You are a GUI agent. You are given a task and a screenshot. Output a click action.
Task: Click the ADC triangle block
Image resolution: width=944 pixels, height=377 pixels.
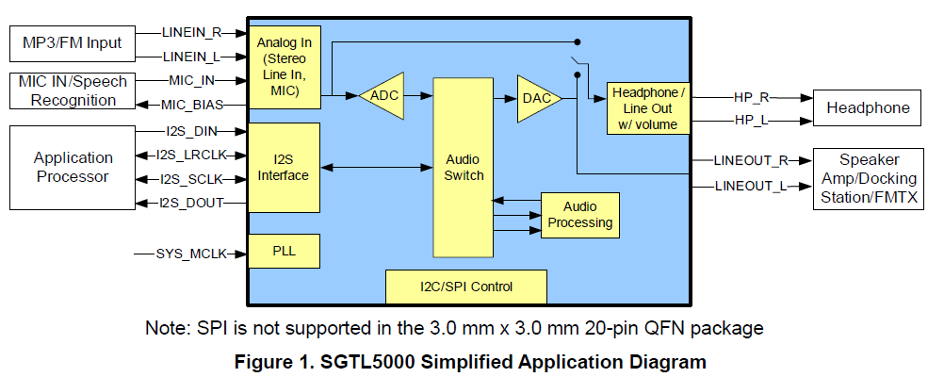point(382,95)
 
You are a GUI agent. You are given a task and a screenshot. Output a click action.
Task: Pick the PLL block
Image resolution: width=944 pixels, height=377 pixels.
point(284,252)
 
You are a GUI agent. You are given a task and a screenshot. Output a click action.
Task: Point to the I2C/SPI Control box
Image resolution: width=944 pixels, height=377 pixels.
point(465,286)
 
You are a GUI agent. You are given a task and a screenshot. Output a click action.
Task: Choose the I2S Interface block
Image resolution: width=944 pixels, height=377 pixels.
point(284,168)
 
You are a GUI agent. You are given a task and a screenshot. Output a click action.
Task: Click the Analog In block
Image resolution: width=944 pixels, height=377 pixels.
point(284,67)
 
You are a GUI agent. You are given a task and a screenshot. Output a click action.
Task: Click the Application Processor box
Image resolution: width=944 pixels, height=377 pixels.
point(73,168)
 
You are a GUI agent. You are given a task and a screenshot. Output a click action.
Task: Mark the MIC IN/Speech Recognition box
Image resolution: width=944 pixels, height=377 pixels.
point(73,90)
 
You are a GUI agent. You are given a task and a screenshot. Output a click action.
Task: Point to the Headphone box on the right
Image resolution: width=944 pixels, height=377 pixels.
point(868,108)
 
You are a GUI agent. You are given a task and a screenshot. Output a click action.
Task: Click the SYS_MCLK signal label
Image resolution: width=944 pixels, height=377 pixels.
point(185,253)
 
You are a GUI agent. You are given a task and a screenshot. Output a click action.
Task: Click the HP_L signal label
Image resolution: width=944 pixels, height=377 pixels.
point(752,120)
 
